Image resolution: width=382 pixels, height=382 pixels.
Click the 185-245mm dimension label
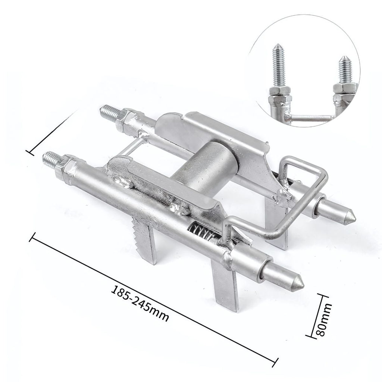coord(140,303)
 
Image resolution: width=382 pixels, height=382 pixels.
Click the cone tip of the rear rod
coord(351,215)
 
